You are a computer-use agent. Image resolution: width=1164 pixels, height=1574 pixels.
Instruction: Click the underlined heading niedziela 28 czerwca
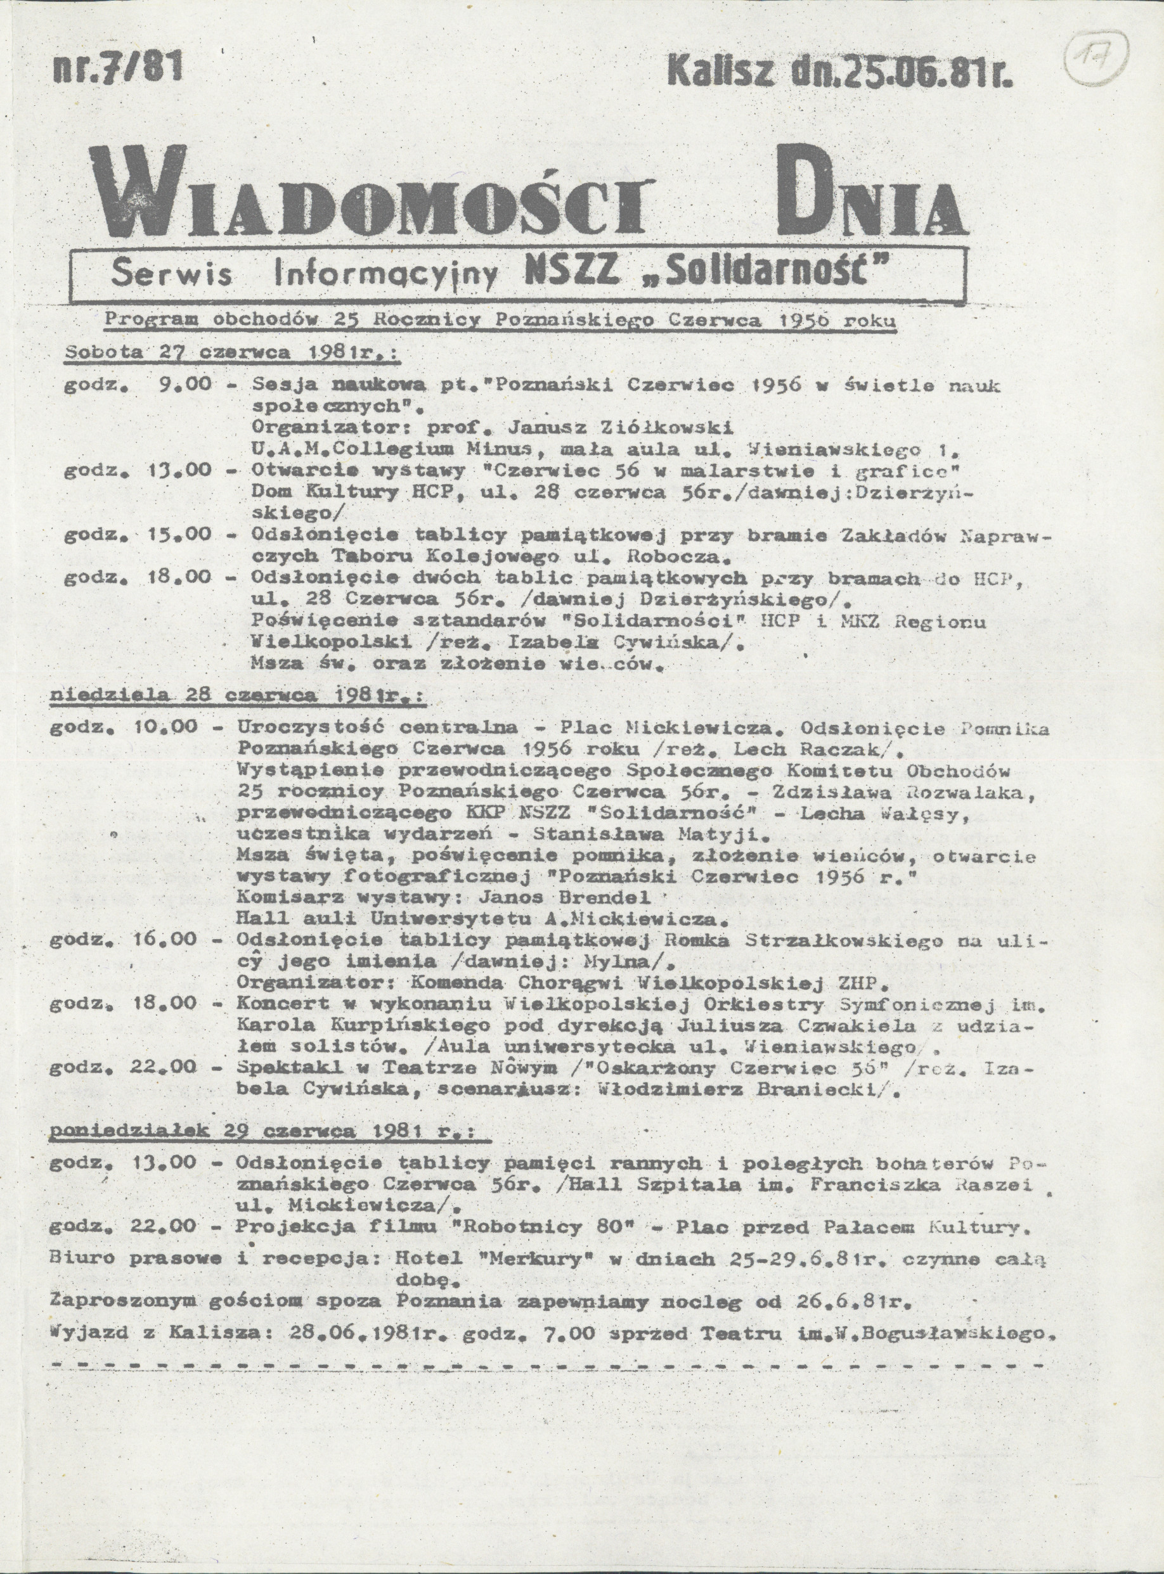click(x=236, y=694)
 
